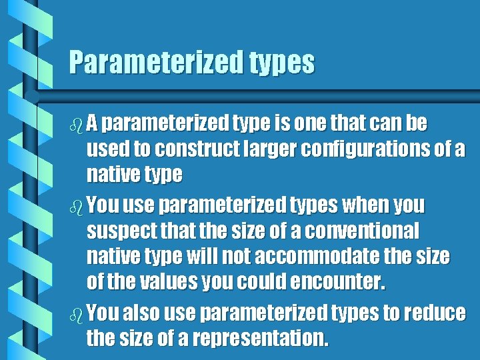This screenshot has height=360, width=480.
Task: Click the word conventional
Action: (358, 231)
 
